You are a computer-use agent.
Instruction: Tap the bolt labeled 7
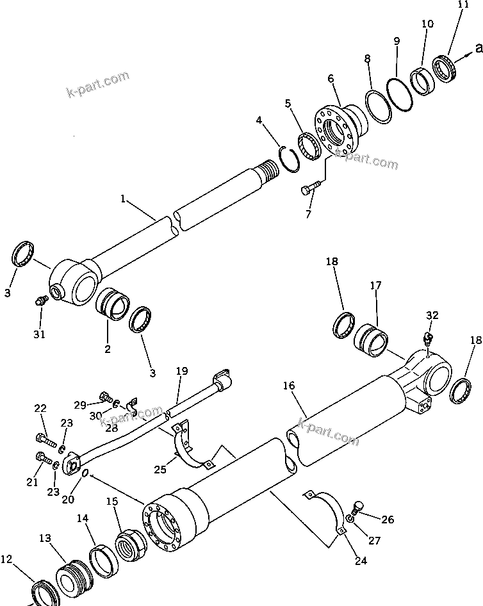309,188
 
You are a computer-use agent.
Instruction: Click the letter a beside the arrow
477,47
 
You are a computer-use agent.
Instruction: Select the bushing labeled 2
113,303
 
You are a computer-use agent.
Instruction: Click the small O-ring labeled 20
85,474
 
